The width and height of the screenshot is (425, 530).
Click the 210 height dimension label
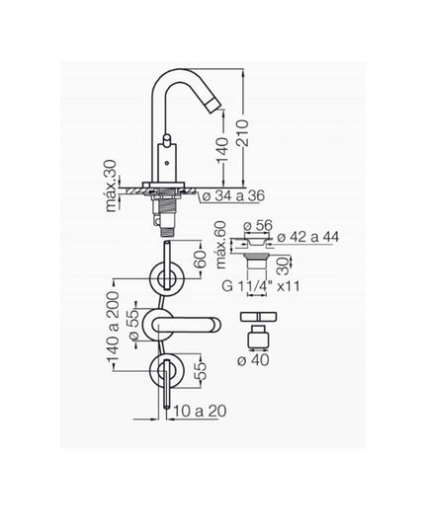(242, 133)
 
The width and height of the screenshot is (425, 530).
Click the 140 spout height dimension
(222, 150)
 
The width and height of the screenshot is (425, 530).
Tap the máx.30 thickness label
(111, 187)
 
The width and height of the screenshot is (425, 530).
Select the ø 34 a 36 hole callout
(234, 196)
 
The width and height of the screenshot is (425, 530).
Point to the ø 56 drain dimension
(258, 225)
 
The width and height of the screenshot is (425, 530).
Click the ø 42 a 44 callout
(308, 237)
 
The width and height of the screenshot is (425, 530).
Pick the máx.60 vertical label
(220, 245)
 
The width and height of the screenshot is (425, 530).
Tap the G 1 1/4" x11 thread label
(261, 286)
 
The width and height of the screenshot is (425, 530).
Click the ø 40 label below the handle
(253, 360)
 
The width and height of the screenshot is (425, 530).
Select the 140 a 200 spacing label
(113, 327)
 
